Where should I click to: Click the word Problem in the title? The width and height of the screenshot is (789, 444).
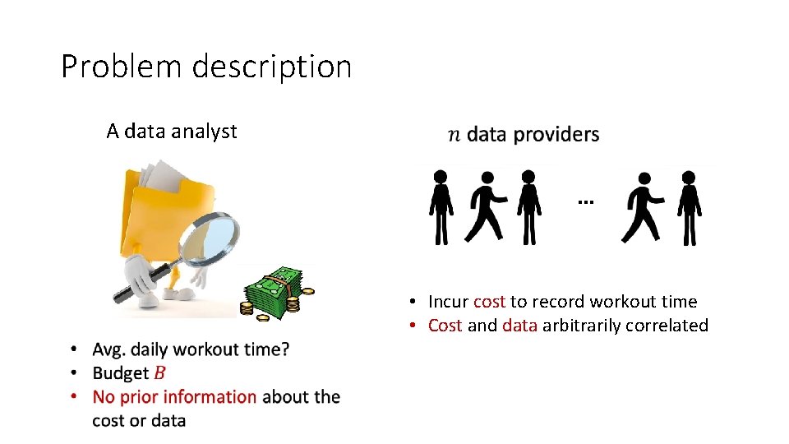pos(122,67)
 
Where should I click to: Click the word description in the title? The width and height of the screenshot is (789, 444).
pos(273,67)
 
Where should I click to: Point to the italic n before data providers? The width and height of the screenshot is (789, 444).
pos(454,135)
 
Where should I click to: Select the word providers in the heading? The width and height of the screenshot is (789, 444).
pos(556,134)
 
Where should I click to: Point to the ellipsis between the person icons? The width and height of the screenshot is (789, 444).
pos(584,201)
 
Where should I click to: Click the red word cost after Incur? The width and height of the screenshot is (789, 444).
pos(489,302)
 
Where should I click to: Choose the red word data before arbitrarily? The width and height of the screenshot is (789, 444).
pos(519,326)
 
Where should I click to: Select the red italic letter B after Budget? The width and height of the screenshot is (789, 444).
pos(160,373)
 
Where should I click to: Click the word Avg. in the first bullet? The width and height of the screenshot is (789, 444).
pos(109,349)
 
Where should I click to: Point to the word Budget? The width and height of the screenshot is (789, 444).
pos(121,373)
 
